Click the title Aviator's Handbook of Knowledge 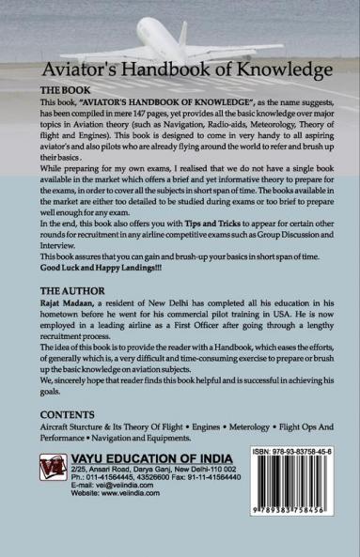180,70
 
